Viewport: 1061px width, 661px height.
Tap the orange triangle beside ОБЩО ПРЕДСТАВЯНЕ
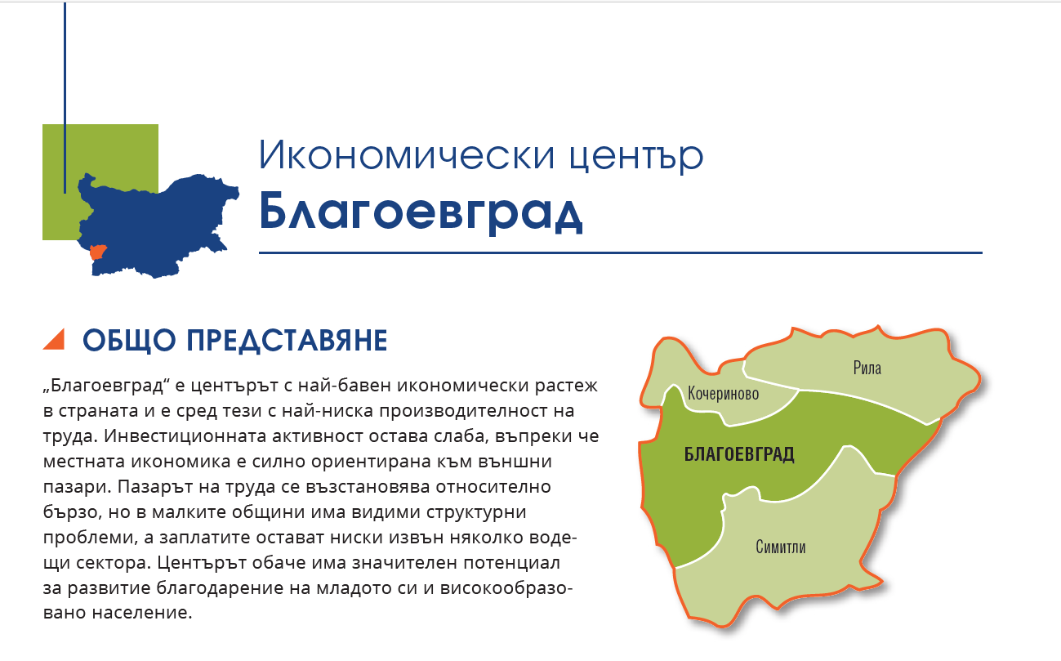54,339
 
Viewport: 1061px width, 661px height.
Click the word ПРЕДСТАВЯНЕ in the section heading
287,341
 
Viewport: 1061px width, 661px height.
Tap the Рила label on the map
867,368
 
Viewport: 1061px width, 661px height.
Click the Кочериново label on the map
724,394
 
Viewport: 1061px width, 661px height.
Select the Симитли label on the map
781,547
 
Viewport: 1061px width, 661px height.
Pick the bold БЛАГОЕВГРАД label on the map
739,454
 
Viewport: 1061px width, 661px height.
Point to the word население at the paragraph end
142,613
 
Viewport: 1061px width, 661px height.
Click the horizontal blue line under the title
621,253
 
